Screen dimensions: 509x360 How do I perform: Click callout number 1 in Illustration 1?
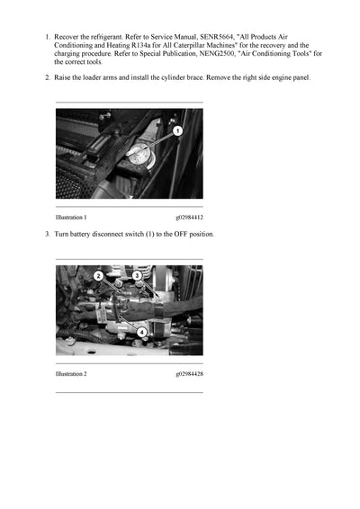[178, 130]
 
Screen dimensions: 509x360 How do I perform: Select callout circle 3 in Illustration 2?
[137, 276]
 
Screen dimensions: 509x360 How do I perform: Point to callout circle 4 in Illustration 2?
[141, 332]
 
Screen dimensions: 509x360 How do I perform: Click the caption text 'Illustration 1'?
[71, 218]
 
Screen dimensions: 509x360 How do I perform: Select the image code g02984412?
[189, 218]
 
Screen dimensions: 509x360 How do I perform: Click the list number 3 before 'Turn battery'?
[47, 235]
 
